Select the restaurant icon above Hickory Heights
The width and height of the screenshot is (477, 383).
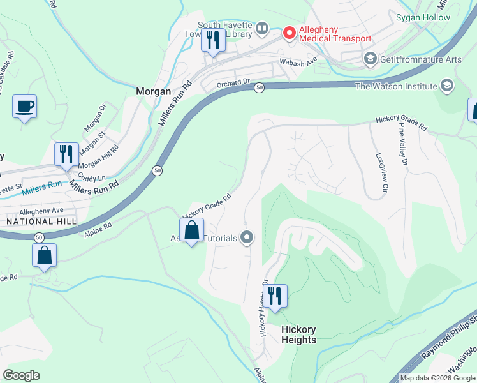[x=275, y=296]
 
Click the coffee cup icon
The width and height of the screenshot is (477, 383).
[x=24, y=107]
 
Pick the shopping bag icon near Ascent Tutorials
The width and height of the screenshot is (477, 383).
[x=191, y=230]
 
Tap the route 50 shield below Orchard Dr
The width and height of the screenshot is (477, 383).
[x=258, y=87]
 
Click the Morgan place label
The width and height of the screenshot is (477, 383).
[x=154, y=92]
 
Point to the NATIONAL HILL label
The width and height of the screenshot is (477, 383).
[x=41, y=221]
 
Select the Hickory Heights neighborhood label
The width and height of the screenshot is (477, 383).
[x=298, y=334]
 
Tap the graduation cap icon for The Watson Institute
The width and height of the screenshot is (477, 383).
[x=447, y=86]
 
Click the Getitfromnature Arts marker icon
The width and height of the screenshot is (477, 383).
[x=369, y=59]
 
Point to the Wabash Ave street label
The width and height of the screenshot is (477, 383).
[x=298, y=63]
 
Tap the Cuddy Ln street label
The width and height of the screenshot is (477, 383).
[x=91, y=177]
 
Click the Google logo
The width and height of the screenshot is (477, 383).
[x=22, y=375]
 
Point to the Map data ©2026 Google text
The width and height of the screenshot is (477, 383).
[x=437, y=378]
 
